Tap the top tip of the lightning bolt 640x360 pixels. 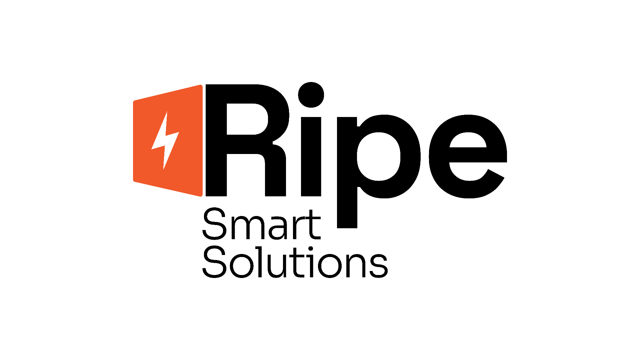(x=166, y=113)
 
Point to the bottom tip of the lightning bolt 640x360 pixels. (x=164, y=168)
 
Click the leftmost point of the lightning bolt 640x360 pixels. (x=152, y=148)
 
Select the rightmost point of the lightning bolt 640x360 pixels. (x=178, y=133)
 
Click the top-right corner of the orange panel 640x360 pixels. (x=201, y=86)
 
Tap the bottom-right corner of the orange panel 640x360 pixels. (x=201, y=195)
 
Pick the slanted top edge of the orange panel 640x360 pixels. (x=168, y=93)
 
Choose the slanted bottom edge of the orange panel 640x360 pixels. (x=168, y=189)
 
